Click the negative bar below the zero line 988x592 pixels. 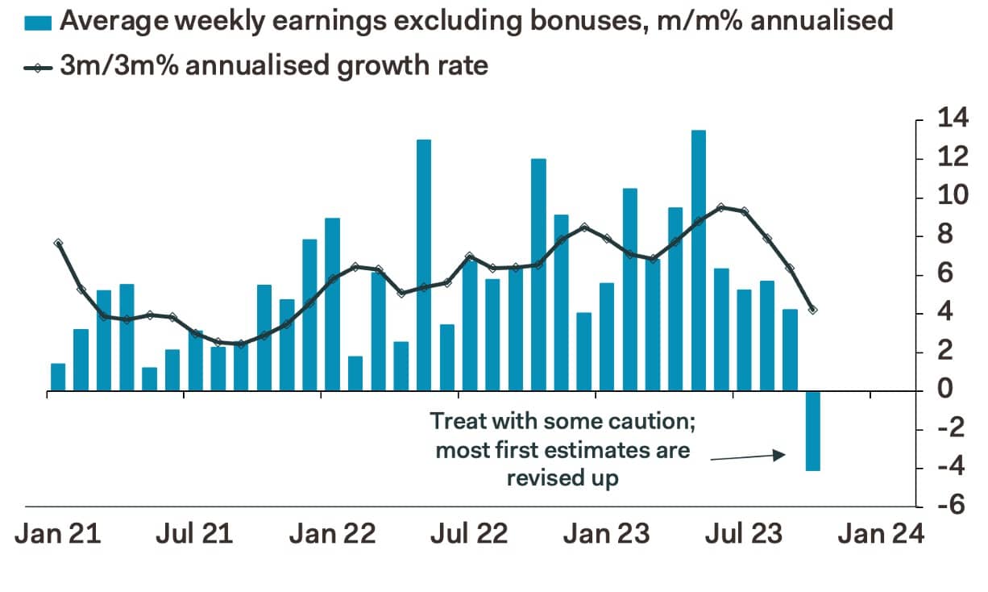(813, 431)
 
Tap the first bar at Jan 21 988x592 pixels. (58, 377)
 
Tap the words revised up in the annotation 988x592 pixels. (562, 477)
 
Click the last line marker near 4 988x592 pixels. (812, 310)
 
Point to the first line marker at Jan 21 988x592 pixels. (58, 243)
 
